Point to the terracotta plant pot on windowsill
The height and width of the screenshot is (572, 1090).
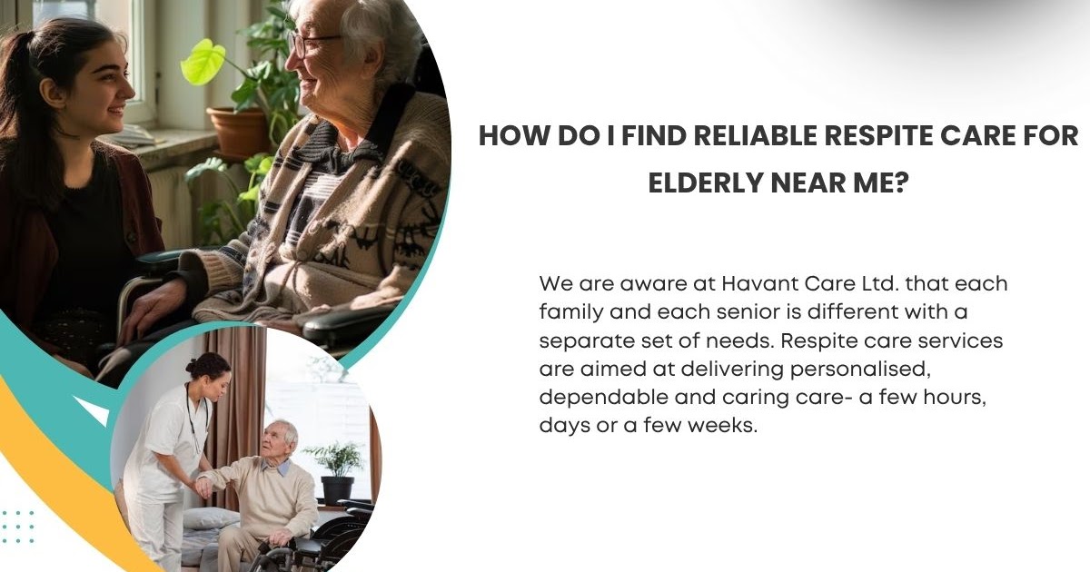click(x=238, y=133)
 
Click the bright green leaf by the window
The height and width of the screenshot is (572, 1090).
click(x=202, y=62)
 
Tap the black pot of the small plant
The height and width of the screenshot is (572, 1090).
click(x=337, y=489)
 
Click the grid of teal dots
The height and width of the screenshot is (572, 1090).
click(x=17, y=527)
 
